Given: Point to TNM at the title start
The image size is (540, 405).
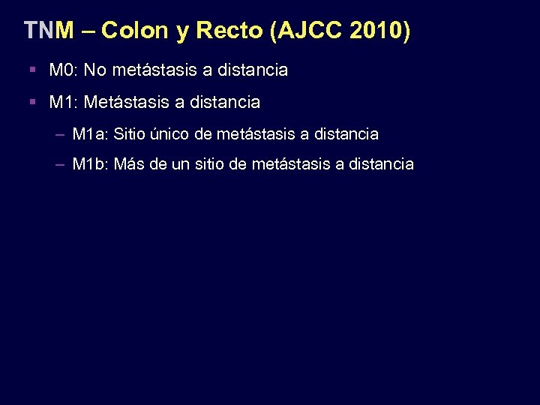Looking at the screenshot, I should pos(49,31).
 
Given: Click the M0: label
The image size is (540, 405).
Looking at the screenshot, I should pos(64,70).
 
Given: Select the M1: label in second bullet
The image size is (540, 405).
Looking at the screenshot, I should pos(64,101).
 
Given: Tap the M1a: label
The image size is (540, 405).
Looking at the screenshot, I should pos(90,134).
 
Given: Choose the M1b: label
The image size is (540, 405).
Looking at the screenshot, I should pos(90,163).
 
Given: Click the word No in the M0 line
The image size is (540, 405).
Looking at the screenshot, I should pos(95,70).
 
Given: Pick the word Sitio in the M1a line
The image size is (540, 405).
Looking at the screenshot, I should pos(129,134).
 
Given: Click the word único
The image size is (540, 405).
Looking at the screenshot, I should pos(171,134).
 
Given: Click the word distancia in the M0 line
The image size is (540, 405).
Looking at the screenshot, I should pos(253,70).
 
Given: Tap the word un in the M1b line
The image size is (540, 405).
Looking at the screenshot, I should pos(181,163).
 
